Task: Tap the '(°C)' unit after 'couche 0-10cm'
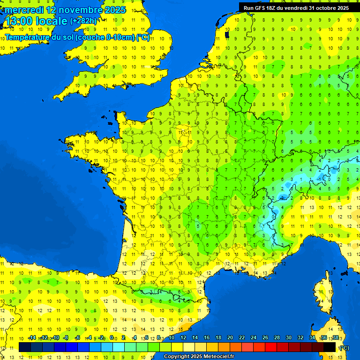(143, 37)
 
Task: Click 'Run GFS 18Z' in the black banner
(260, 8)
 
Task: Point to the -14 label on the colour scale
(32, 337)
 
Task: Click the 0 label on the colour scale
(112, 337)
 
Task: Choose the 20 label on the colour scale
(230, 337)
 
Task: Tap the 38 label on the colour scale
(335, 337)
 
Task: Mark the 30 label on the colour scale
(289, 337)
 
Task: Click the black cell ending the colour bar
(330, 347)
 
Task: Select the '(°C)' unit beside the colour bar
(344, 347)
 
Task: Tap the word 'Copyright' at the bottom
(177, 357)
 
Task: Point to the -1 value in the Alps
(319, 179)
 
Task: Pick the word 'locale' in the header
(51, 22)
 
